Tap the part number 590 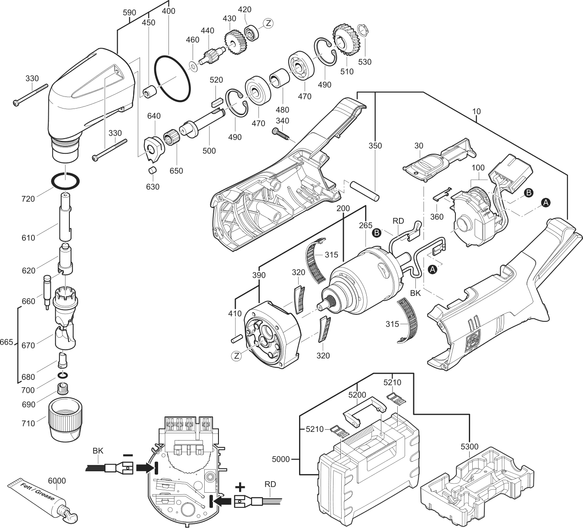tap(129, 12)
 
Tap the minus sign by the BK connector tap(128, 454)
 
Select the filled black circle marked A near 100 tap(546, 202)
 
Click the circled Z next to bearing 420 tap(268, 23)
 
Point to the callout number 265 tap(366, 225)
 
